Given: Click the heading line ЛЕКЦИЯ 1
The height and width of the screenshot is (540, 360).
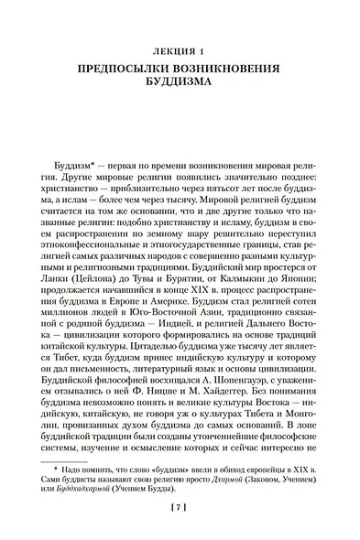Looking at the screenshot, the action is pos(180,49).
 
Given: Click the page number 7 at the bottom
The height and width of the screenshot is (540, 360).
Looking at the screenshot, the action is pos(180,506).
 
